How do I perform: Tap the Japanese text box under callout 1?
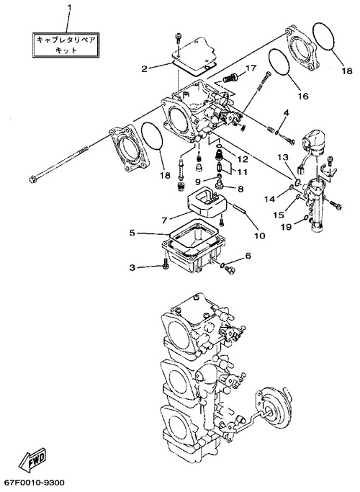coord(66,45)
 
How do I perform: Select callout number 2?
coord(144,68)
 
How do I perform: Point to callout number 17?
coord(251,68)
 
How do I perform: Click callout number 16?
coord(303,96)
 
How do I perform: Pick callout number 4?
coord(286,112)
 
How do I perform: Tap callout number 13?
coord(282,157)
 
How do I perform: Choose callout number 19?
coord(286,226)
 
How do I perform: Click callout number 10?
coord(260,236)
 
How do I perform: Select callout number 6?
coord(248,256)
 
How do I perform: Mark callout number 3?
coord(132,268)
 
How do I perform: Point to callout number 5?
coord(132,233)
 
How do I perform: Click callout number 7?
coord(164,220)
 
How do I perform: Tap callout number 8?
coord(240,189)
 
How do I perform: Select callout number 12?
coord(243,159)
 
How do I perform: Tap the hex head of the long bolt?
coord(32,179)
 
